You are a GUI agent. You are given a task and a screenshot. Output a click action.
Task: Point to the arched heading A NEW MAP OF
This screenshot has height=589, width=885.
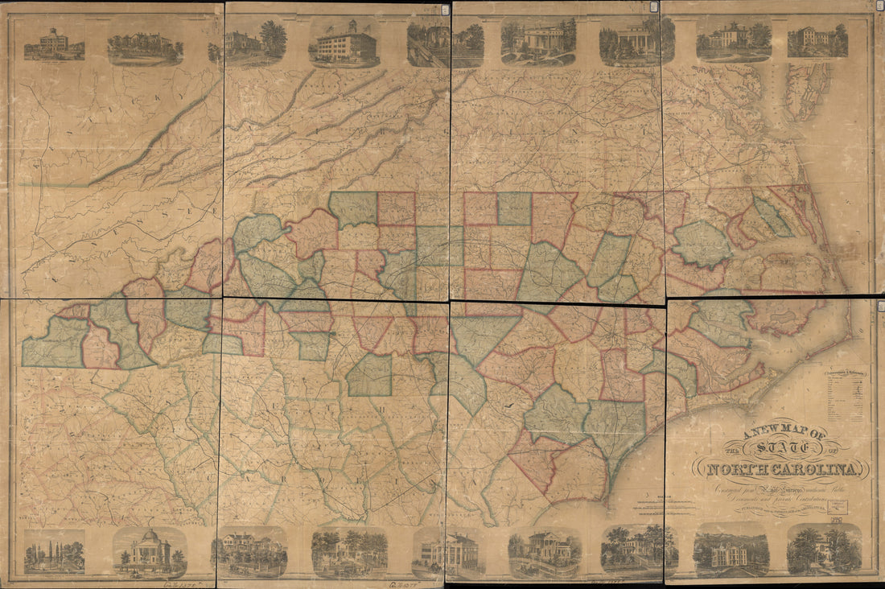(x=775, y=435)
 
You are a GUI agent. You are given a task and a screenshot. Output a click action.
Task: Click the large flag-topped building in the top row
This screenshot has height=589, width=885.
(x=344, y=43)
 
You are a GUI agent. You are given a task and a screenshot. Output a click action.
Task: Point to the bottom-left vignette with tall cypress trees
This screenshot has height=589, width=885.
(x=54, y=554)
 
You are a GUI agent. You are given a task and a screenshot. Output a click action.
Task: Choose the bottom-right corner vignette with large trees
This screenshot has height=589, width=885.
(x=824, y=550)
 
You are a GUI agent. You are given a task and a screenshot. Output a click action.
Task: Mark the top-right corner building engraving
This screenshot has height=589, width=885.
(x=817, y=40)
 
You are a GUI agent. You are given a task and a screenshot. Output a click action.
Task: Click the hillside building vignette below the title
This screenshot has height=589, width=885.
(x=731, y=552)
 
